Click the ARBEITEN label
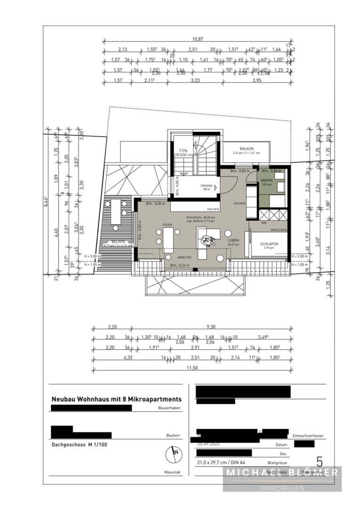pyautogui.click(x=184, y=257)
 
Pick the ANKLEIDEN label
pyautogui.click(x=278, y=230)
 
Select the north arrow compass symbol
pyautogui.click(x=174, y=455)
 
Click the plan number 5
pyautogui.click(x=319, y=461)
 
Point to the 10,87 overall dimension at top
pyautogui.click(x=197, y=40)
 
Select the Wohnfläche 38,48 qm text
pyautogui.click(x=200, y=217)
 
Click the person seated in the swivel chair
pyautogui.click(x=207, y=239)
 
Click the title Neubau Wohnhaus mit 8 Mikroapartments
pyautogui.click(x=116, y=399)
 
